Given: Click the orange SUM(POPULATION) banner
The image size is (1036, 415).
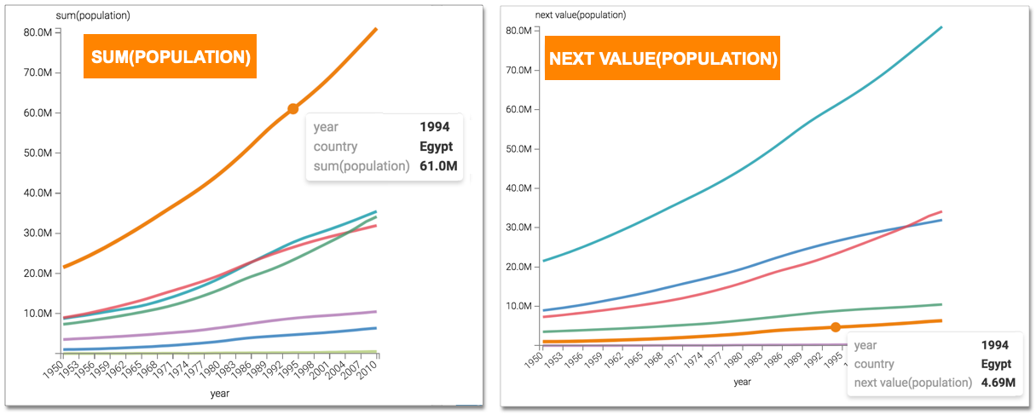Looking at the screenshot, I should [170, 56].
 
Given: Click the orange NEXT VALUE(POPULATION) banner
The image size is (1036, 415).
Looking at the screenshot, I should [663, 58].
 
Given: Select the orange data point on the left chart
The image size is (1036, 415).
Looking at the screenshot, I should [292, 108].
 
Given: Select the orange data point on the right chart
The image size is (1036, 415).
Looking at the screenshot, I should [836, 327].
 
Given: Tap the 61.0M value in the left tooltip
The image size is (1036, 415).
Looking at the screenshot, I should [439, 165].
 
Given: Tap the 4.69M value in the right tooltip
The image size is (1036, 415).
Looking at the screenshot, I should [998, 383].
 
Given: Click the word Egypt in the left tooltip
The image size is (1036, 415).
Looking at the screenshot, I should [437, 147].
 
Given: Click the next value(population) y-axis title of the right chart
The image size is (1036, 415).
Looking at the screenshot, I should [581, 14].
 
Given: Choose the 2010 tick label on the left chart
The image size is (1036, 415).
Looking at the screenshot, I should [368, 366].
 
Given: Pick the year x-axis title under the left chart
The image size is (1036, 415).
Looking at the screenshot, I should [220, 394].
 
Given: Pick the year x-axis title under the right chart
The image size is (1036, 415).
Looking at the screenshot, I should [743, 381].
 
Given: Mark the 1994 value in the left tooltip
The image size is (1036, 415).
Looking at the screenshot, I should [434, 127].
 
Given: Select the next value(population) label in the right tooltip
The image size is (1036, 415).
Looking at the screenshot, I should [913, 383].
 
